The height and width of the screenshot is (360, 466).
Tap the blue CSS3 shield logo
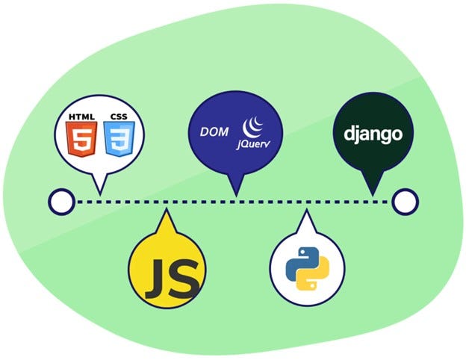click(119, 140)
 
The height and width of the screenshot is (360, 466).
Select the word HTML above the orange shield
click(81, 117)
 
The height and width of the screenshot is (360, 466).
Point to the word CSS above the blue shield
click(119, 117)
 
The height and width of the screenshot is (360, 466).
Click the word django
click(373, 134)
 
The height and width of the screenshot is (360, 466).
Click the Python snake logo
click(307, 267)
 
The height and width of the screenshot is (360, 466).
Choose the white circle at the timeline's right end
click(405, 201)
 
